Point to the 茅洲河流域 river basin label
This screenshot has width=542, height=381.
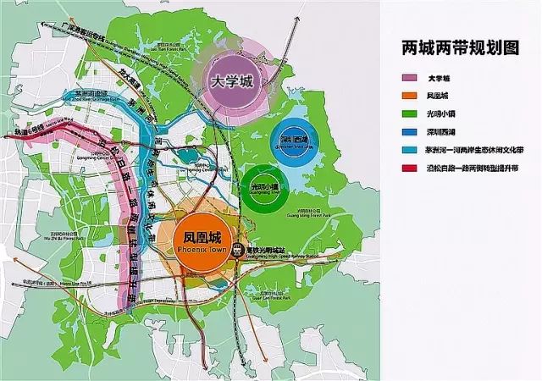pyautogui.click(x=90, y=94)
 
